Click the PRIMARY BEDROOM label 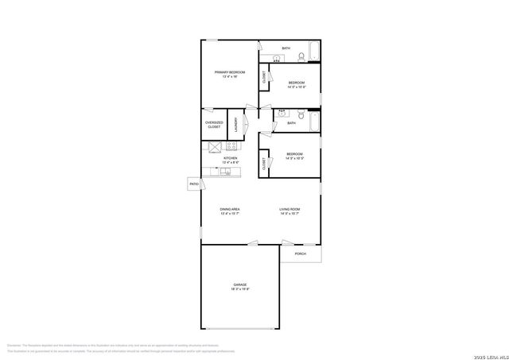(229, 72)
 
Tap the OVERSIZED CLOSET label (214, 125)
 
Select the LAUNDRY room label (235, 125)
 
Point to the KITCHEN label (231, 158)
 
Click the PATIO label (193, 184)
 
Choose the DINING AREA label (230, 209)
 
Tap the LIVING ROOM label (289, 209)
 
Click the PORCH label (300, 254)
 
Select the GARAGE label (239, 284)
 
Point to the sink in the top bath (277, 58)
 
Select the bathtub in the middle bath (313, 122)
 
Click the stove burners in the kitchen (231, 145)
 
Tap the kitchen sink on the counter (226, 172)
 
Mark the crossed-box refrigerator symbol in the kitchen (214, 146)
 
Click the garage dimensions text (239, 289)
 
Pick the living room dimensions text (289, 214)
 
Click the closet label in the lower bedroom (263, 164)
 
